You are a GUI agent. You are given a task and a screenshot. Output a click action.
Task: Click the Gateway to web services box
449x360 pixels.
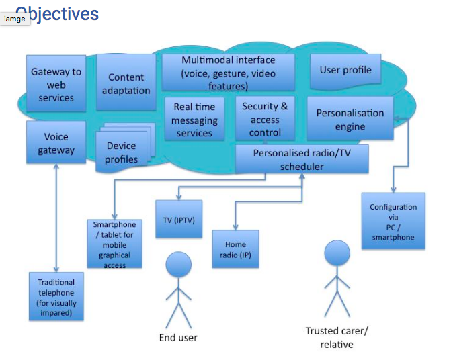(56, 83)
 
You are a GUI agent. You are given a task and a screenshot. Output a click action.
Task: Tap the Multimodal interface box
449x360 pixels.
(228, 73)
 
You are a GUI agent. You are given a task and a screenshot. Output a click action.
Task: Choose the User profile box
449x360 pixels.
(345, 70)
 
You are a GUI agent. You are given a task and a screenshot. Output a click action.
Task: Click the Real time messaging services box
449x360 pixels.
(194, 119)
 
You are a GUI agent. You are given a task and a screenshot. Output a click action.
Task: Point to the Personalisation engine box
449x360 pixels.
(350, 119)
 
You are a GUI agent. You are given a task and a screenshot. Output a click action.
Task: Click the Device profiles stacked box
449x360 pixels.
(122, 152)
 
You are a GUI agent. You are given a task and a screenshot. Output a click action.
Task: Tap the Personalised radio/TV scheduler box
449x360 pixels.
(302, 160)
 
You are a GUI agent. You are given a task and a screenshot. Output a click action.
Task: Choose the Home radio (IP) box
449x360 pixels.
(235, 249)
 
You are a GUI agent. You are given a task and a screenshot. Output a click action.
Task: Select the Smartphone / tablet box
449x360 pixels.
(115, 243)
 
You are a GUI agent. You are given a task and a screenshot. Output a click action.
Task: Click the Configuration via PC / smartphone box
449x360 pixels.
(393, 222)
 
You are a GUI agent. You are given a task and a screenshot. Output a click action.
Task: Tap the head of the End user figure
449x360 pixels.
(178, 263)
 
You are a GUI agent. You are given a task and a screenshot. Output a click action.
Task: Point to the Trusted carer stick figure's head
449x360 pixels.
(337, 253)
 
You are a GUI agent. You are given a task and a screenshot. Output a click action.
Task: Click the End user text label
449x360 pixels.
(178, 337)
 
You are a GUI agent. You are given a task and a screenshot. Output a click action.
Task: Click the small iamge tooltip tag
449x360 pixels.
(14, 19)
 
